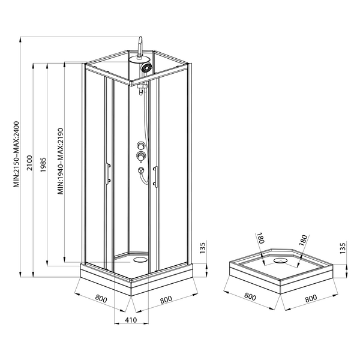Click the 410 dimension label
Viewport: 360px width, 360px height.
131,320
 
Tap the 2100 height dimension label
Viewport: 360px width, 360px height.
30,163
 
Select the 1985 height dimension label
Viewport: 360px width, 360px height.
43,165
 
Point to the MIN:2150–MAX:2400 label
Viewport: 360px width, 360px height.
17,154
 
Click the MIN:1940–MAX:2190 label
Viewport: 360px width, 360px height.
61,161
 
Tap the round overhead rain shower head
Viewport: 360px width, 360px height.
139,59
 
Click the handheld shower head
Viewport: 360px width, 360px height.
146,68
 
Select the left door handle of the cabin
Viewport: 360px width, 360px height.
107,173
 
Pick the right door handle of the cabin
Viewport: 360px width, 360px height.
155,177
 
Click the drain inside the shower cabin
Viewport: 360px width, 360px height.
140,260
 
